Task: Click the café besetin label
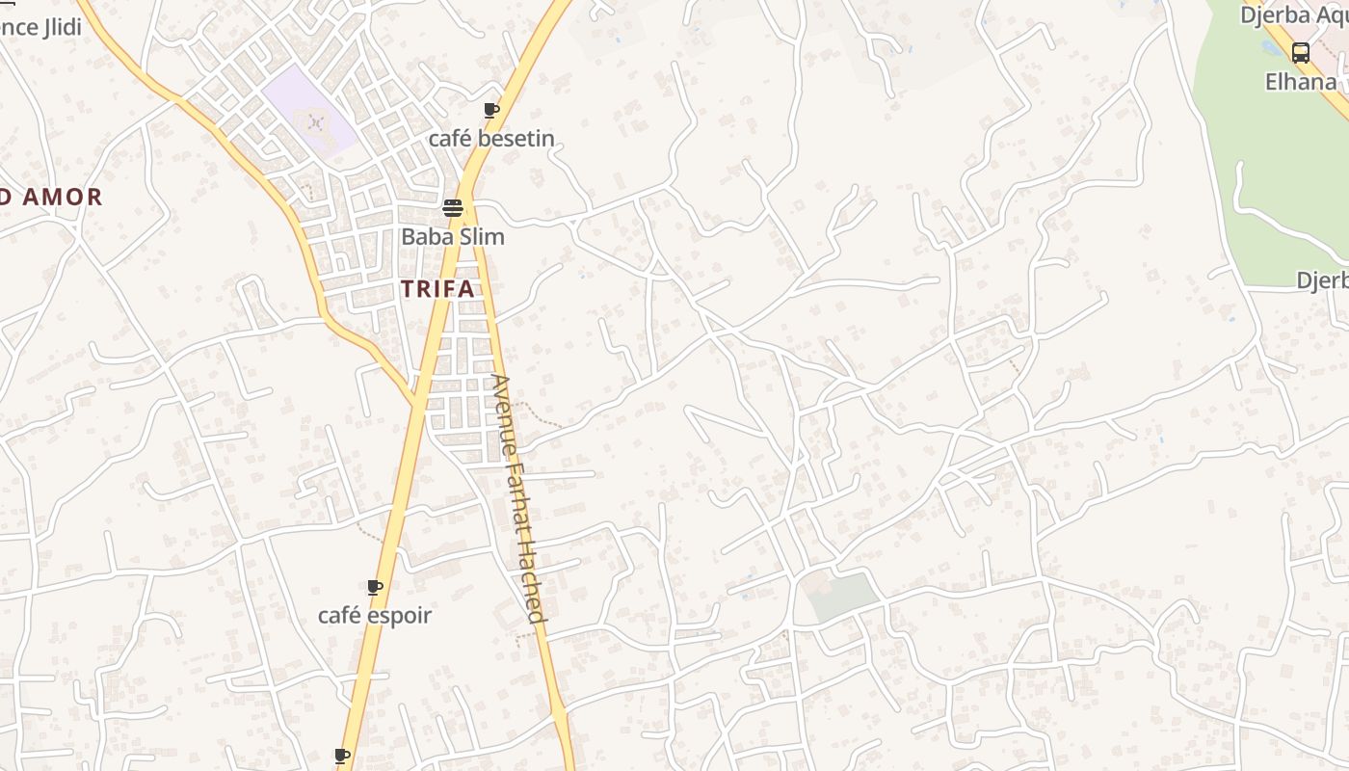click(491, 139)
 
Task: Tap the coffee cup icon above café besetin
click(491, 111)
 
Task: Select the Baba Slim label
click(452, 236)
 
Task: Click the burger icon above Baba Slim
click(452, 207)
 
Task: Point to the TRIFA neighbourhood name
click(437, 288)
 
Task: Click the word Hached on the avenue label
click(531, 589)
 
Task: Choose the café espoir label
click(375, 615)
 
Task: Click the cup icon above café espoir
click(375, 587)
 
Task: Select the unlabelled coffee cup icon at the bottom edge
click(342, 756)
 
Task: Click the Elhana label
click(1301, 82)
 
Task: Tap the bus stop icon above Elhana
click(1301, 53)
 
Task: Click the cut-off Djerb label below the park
click(1322, 280)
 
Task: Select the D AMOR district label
click(50, 198)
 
